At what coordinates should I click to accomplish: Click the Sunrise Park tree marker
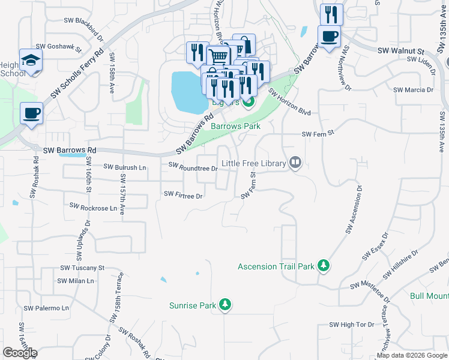point(225,305)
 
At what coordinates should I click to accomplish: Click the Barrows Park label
point(235,126)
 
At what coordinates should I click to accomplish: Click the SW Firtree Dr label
point(184,194)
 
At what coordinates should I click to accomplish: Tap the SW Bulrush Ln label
point(125,167)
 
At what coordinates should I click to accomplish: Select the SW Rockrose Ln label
point(93,206)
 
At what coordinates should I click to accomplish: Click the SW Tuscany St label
point(82,268)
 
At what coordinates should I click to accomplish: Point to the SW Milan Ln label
point(76,281)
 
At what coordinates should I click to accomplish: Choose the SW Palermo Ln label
point(47,308)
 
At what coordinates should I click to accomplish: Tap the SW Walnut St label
point(401,52)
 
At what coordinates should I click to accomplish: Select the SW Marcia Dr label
point(413,90)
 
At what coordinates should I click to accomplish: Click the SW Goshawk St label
point(58,46)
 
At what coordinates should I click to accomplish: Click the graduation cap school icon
point(31,60)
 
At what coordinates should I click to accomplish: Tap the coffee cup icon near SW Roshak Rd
point(31,113)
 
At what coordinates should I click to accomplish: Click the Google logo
point(20,352)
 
